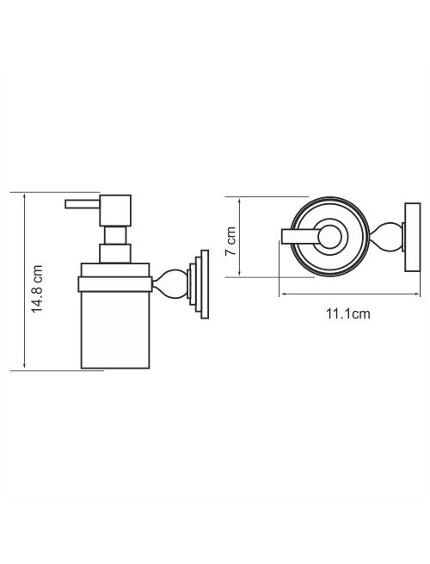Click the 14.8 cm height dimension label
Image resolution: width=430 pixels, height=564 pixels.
point(37,288)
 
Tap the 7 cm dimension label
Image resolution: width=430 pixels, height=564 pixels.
point(231,241)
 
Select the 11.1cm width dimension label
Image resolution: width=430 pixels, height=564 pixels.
point(347,313)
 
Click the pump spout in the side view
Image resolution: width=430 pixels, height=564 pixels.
point(83,204)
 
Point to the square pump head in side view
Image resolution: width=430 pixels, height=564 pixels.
point(115,210)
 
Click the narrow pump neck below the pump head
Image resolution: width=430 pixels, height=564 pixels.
point(115,235)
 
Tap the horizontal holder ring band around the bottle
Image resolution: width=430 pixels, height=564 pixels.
point(115,284)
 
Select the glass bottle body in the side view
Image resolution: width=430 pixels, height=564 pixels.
point(115,330)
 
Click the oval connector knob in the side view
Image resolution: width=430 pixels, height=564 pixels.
point(170,284)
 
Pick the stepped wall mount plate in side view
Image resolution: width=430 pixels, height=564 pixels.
point(198,284)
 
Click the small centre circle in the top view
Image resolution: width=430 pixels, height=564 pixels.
point(329,237)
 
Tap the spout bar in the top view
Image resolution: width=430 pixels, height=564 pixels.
point(301,236)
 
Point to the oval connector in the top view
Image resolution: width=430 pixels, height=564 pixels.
point(385,237)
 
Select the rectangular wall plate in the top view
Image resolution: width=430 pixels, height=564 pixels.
point(413,238)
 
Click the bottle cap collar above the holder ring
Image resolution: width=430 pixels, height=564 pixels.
point(115,270)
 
